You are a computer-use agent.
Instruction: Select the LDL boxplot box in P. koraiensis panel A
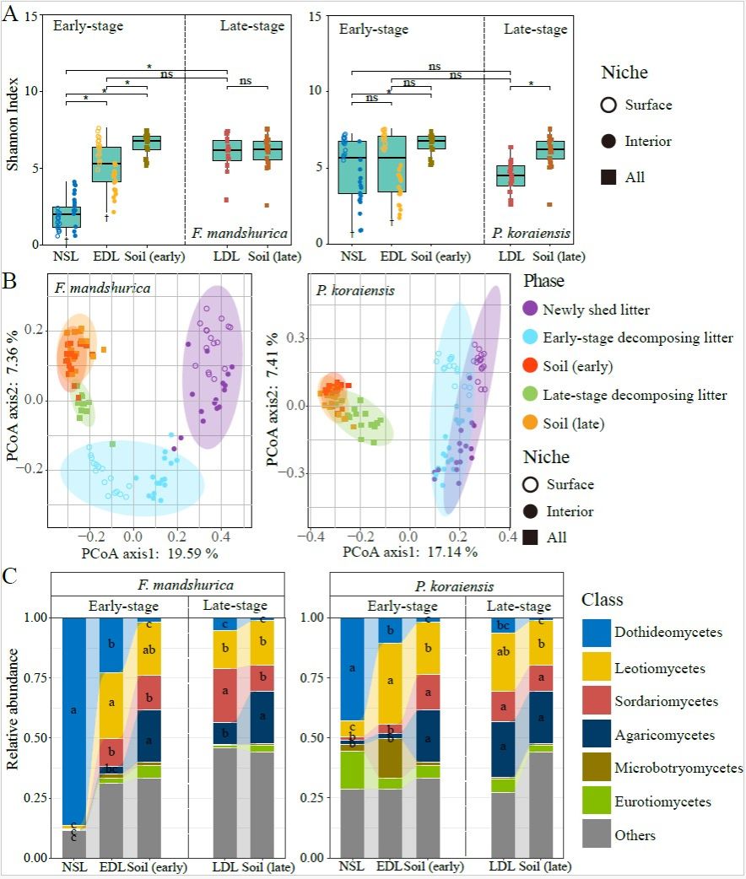(510, 175)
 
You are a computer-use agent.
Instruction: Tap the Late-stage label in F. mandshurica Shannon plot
(252, 26)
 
